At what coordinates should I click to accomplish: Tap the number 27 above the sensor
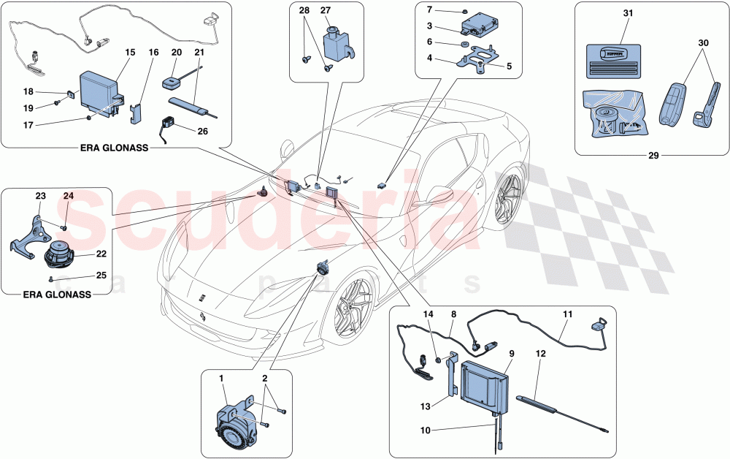click(326, 10)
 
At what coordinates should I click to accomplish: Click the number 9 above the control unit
click(510, 353)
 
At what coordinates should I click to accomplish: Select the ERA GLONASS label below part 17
click(114, 148)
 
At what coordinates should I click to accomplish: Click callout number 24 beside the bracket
click(68, 196)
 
